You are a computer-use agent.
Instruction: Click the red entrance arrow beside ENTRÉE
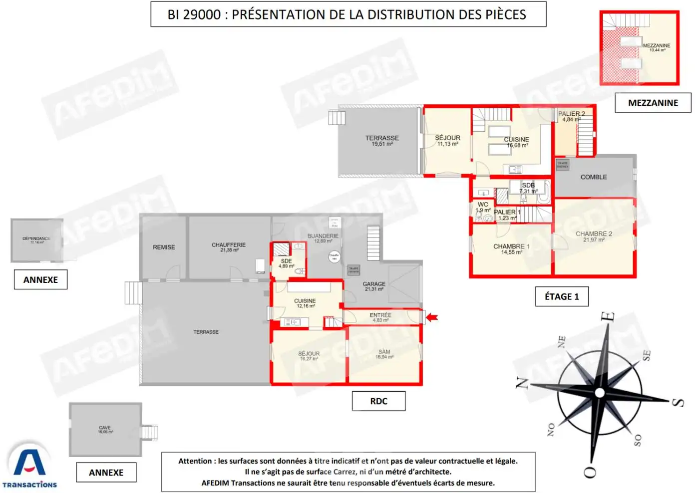tap(432, 317)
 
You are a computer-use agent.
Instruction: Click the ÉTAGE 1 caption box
tap(562, 296)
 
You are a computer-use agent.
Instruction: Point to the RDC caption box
tap(378, 401)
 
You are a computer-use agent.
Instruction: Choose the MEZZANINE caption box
tap(653, 103)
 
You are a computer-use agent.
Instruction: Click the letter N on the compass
tap(522, 383)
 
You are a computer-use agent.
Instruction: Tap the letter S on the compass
tap(678, 402)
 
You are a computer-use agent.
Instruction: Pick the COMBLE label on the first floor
tap(594, 177)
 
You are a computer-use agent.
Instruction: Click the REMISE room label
tap(164, 247)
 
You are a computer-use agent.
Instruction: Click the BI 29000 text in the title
tap(194, 14)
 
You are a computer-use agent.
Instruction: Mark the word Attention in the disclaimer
tap(197, 461)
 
